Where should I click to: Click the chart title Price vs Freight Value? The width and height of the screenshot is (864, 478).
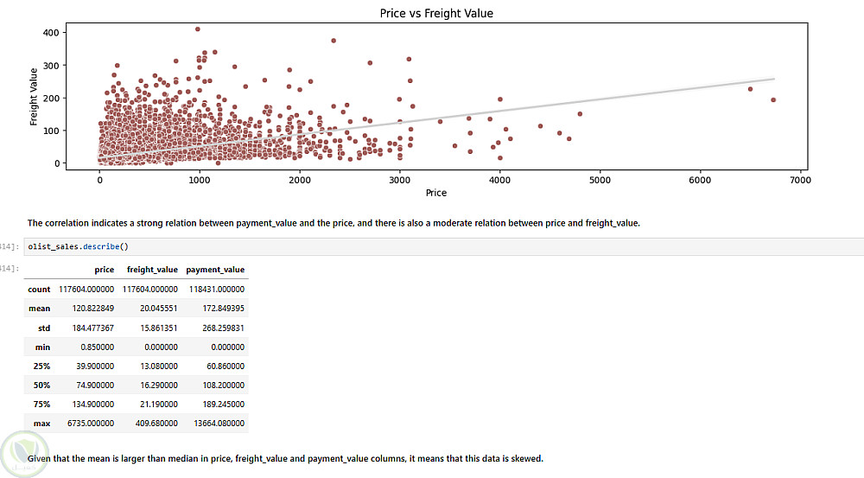[436, 13]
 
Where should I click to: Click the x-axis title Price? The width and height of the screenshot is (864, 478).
[436, 192]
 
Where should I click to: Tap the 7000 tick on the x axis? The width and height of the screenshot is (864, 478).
[800, 180]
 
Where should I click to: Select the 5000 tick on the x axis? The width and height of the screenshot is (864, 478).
[600, 180]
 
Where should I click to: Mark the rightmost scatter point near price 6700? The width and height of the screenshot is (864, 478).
[773, 100]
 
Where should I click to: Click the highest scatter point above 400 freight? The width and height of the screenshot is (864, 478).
[198, 29]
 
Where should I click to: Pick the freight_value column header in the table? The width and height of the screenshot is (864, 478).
[152, 270]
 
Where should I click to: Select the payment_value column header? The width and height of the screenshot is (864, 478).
[215, 270]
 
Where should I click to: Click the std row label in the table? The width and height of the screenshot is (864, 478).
[44, 328]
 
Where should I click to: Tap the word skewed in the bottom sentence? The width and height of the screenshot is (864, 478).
[524, 458]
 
